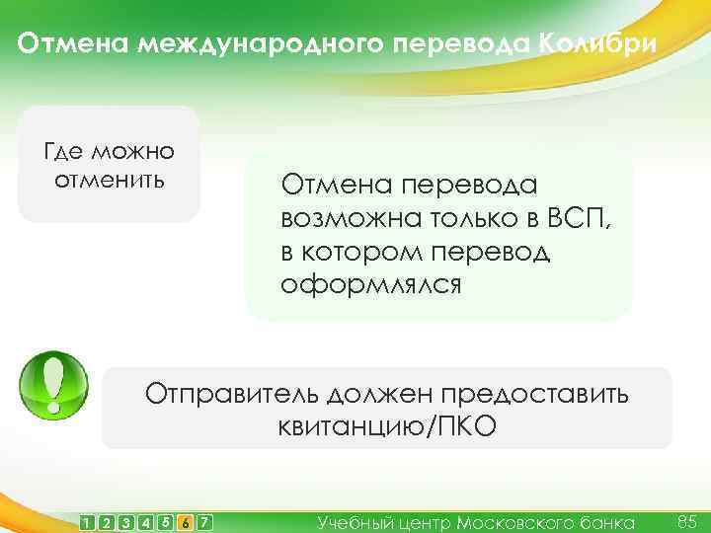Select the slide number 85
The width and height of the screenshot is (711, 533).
tap(687, 519)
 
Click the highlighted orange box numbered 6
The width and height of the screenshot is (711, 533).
tap(186, 521)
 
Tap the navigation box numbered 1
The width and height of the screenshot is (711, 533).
tap(90, 521)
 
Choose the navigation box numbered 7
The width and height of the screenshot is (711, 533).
tap(204, 521)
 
